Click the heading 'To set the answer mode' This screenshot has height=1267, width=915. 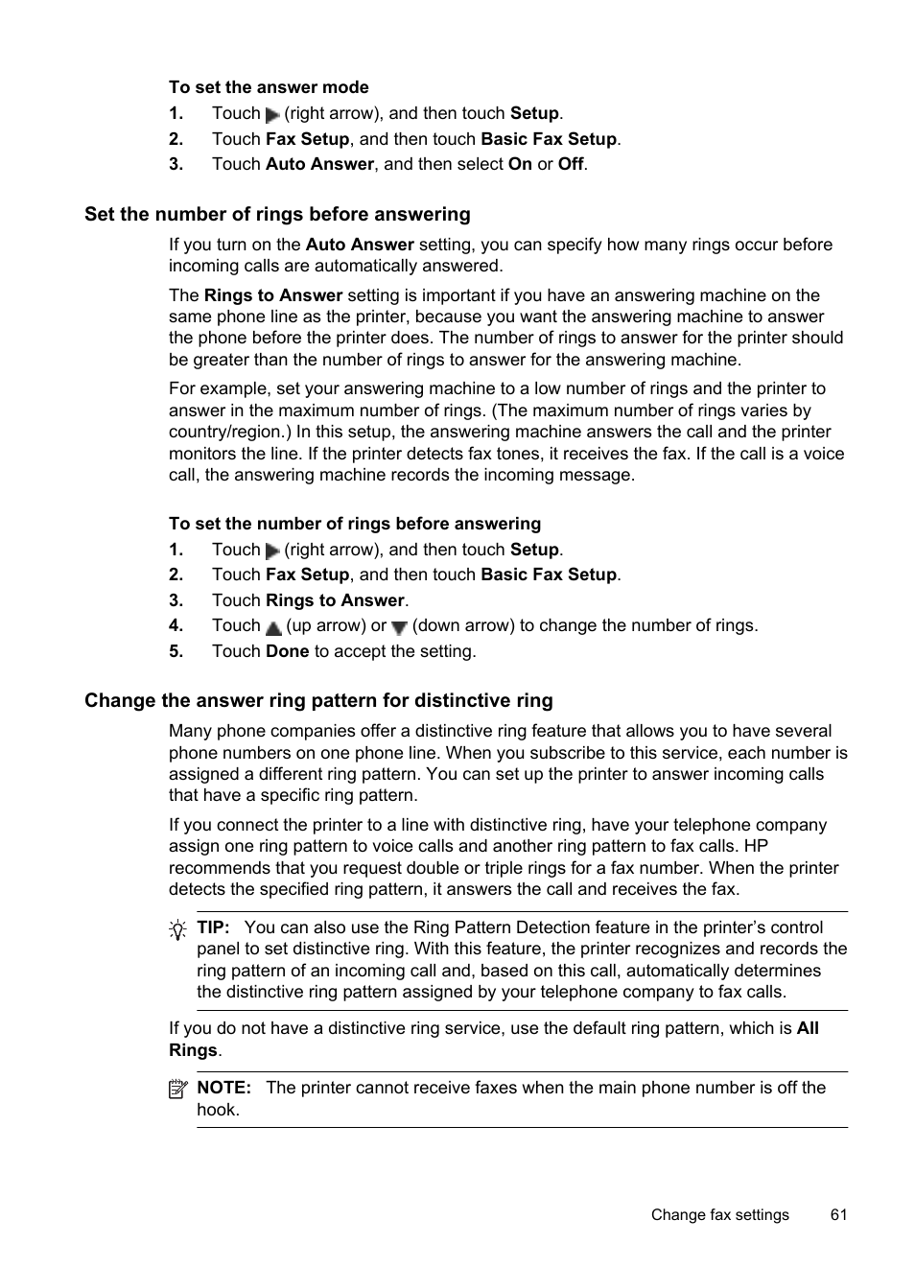coord(269,87)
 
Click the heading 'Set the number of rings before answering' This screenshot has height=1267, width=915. coord(277,214)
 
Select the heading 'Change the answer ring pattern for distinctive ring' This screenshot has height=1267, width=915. coord(318,700)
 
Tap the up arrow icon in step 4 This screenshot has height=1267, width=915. coord(273,628)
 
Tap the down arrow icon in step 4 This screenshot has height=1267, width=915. coord(399,628)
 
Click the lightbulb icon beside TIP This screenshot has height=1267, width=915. coord(177,929)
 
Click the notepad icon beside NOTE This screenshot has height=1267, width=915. coord(177,1090)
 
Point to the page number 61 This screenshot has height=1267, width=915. coord(838,1214)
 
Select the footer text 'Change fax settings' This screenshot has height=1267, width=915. coord(719,1214)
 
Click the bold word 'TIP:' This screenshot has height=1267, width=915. coord(213,927)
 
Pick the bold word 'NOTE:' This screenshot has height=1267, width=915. coord(223,1088)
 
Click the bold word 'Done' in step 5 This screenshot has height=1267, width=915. coord(287,651)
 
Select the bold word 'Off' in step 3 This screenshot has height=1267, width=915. coord(571,164)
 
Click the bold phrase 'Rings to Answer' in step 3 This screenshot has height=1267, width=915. coord(335,600)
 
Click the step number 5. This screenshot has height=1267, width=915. coord(176,651)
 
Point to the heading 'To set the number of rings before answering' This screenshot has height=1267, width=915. coord(355,524)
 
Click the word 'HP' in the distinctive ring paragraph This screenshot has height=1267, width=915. coord(756,846)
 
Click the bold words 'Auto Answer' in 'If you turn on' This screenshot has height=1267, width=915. coord(360,245)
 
